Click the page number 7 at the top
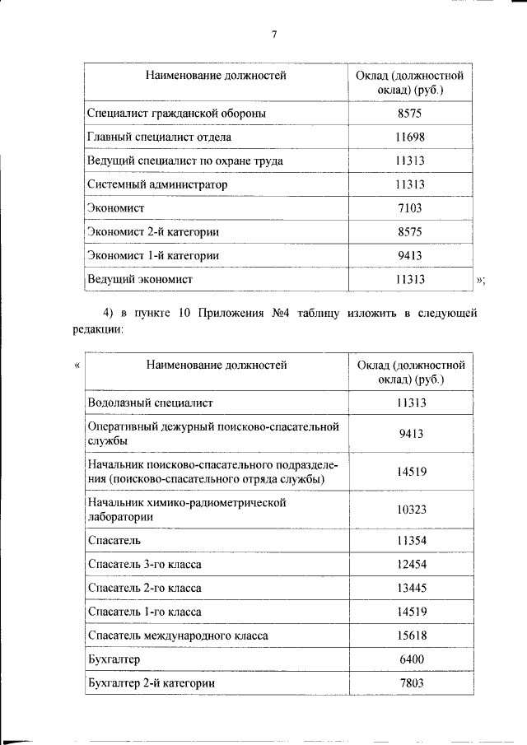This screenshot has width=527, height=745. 274,35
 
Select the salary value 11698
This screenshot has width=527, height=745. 409,137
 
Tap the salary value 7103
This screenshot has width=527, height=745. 409,209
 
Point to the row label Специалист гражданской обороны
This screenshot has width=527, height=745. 176,113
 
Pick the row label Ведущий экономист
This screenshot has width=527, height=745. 139,280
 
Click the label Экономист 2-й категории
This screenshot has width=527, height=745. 152,233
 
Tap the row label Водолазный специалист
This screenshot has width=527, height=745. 150,403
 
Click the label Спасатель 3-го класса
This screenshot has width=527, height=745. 144,565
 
